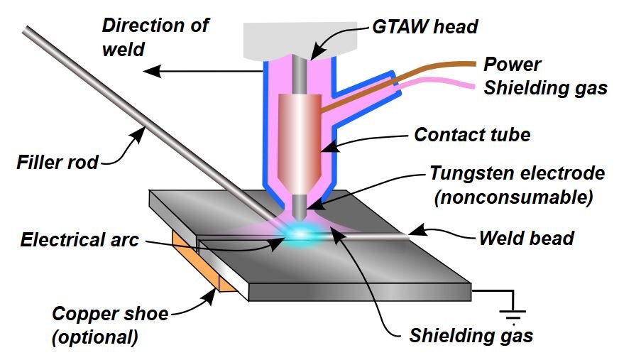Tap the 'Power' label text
point(513,65)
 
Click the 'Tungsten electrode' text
point(517,174)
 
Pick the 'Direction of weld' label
point(155,37)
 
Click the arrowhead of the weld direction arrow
point(147,71)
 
